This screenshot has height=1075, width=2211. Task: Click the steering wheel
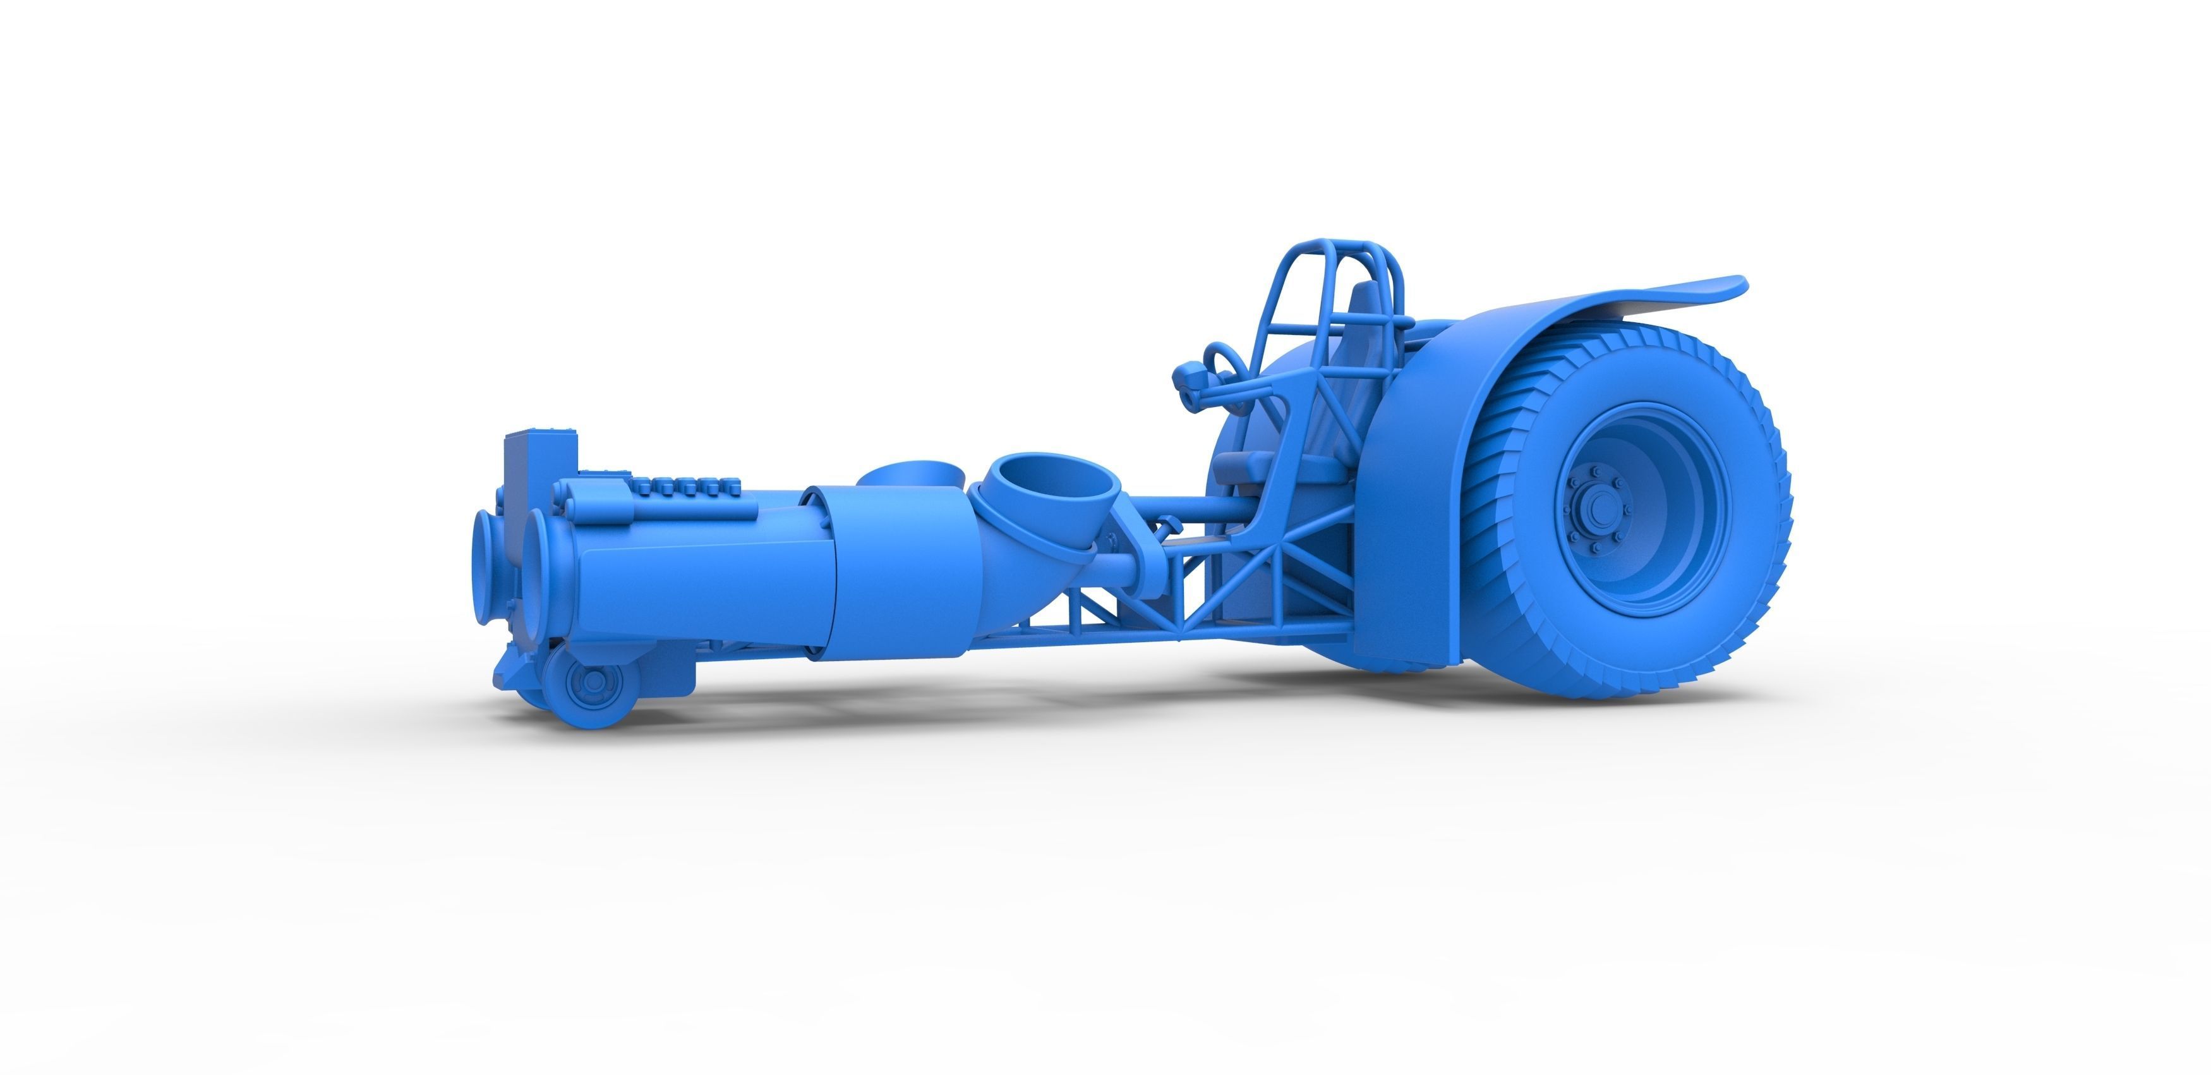pyautogui.click(x=1222, y=361)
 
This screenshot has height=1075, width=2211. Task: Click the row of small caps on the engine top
pyautogui.click(x=687, y=486)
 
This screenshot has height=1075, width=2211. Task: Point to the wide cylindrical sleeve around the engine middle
pyautogui.click(x=901, y=575)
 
